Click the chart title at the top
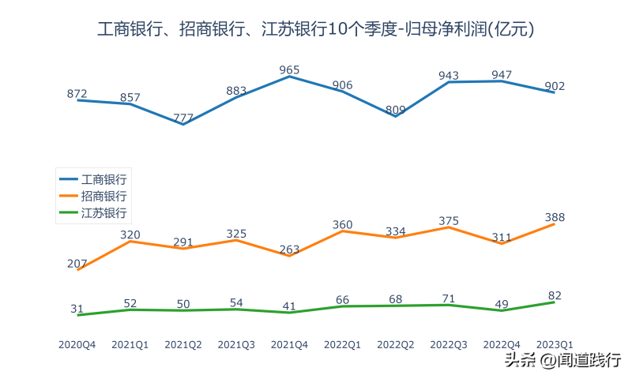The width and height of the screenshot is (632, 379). click(x=316, y=30)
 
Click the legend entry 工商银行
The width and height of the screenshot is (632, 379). click(x=103, y=179)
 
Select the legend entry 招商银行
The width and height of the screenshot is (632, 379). click(x=103, y=196)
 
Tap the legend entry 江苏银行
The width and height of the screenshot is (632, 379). click(x=103, y=212)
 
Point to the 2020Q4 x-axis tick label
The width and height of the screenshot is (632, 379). click(x=77, y=344)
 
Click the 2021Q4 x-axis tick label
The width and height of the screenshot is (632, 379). click(x=289, y=344)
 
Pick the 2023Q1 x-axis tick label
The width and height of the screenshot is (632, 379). click(x=555, y=344)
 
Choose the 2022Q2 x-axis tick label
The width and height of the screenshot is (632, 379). click(x=395, y=344)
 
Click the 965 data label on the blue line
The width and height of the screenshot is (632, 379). click(x=289, y=70)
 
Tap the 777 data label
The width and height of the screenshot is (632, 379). click(x=182, y=118)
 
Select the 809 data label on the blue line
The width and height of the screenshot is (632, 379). click(x=396, y=110)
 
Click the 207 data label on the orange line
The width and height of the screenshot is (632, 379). click(x=77, y=264)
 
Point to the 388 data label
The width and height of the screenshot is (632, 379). click(x=555, y=217)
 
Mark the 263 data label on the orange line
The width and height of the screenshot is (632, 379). click(x=289, y=250)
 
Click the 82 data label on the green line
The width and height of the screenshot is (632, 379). click(x=555, y=295)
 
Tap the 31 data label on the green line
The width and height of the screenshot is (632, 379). click(x=77, y=309)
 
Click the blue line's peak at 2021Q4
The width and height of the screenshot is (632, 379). click(x=289, y=77)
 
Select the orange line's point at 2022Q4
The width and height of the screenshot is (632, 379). click(x=502, y=243)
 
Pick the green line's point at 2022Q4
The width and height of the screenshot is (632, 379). click(x=502, y=310)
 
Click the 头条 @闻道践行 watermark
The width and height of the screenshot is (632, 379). click(x=562, y=360)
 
